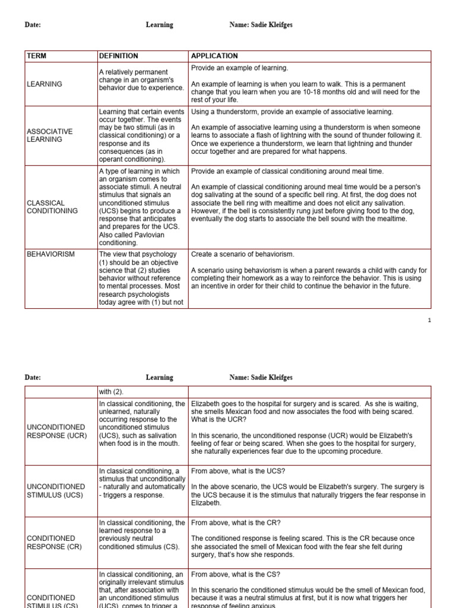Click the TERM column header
click(37, 56)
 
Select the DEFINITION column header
click(119, 56)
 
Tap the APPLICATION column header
click(214, 56)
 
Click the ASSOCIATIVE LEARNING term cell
click(50, 135)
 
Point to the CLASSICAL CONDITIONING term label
click(52, 207)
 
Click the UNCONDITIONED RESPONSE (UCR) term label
click(56, 431)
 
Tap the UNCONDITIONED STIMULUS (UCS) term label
click(56, 490)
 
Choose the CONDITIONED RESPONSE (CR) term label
click(55, 543)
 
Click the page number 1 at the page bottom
click(429, 320)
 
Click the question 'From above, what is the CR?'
click(236, 522)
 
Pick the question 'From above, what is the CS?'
click(236, 574)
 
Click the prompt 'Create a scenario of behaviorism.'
click(242, 254)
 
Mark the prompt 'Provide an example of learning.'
click(239, 68)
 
